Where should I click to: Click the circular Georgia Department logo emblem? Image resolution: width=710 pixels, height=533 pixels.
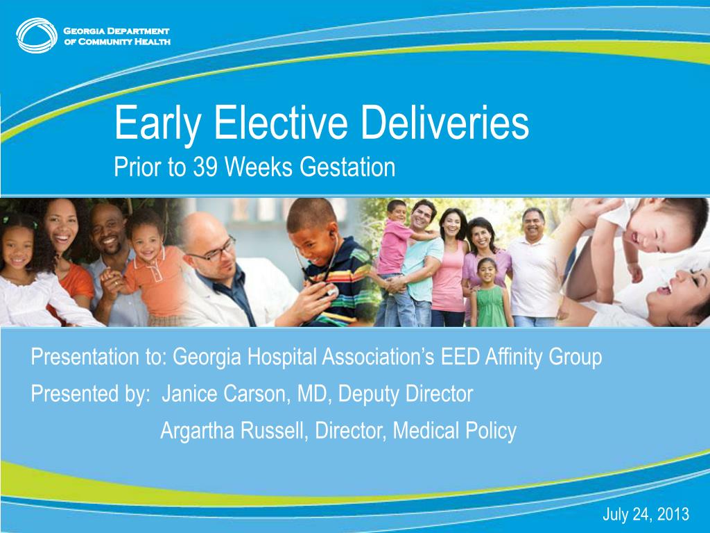coord(37,35)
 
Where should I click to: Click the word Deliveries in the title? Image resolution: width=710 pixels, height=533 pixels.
coord(444,123)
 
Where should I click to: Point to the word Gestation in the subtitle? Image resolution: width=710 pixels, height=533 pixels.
coord(347,167)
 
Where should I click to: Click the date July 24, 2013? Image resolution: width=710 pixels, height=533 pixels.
coord(646,514)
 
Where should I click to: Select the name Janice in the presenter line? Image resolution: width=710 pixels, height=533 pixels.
coord(190,394)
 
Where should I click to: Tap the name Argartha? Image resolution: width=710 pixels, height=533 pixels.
coord(197,430)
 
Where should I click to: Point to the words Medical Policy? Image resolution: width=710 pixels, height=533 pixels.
coord(455,430)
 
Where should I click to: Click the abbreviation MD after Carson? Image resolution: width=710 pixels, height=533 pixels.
coord(313,394)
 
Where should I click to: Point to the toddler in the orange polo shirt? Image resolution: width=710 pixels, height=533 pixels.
coord(150,267)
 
